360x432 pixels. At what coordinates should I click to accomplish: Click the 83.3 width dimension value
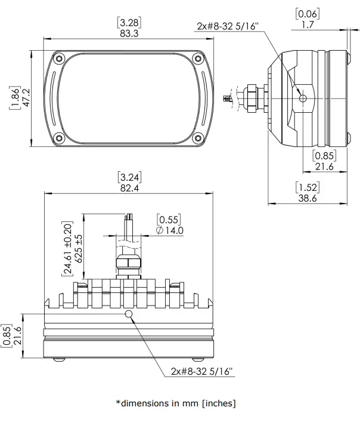coord(129,34)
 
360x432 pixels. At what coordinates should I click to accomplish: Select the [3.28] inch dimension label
coord(129,23)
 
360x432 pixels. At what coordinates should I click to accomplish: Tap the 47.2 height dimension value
coord(26,97)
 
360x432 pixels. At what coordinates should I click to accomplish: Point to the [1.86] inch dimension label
coord(14,97)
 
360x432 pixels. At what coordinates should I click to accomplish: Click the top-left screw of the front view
coord(58,58)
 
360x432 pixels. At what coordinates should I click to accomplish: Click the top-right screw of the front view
coord(198,58)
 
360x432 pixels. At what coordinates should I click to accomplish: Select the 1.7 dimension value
coord(308,24)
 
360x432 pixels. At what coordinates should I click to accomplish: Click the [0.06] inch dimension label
coord(308,14)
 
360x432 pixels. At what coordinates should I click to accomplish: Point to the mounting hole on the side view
coord(303,98)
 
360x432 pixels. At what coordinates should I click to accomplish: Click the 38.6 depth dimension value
coord(307,198)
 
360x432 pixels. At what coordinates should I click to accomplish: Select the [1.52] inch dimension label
coord(307,187)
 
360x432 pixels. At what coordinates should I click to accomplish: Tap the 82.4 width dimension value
coord(129,189)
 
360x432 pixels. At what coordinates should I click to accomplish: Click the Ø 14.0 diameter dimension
coord(169,230)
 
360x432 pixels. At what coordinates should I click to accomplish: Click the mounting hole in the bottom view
coord(128,314)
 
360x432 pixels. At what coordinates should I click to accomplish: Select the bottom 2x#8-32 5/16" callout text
coord(202,371)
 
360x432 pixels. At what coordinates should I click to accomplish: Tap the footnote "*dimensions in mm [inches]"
coord(176,403)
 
